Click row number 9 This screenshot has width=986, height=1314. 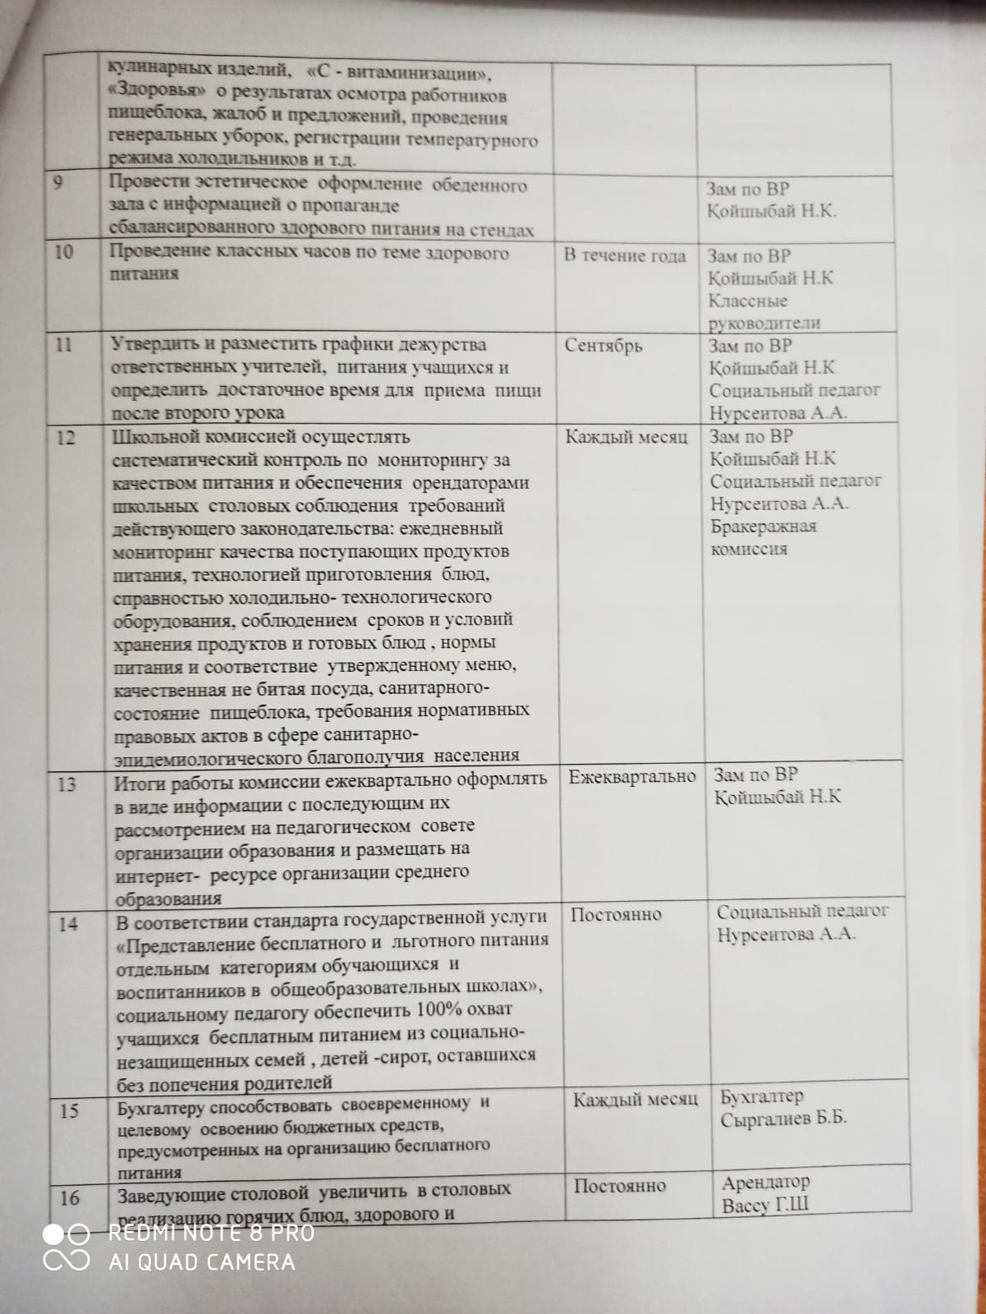pyautogui.click(x=57, y=181)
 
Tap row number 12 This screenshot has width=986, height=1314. pyautogui.click(x=65, y=438)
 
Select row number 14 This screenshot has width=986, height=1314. pyautogui.click(x=68, y=925)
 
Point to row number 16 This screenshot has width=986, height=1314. pyautogui.click(x=70, y=1198)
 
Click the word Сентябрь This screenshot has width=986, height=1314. pyautogui.click(x=603, y=345)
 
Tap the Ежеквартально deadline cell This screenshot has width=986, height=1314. pyautogui.click(x=632, y=776)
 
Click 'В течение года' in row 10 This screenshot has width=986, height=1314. pyautogui.click(x=625, y=255)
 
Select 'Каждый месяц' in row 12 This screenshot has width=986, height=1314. pyautogui.click(x=626, y=436)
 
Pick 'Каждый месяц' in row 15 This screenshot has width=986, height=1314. pyautogui.click(x=635, y=1099)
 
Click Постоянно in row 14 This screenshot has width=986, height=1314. pyautogui.click(x=616, y=914)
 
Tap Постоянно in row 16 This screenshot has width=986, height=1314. pyautogui.click(x=620, y=1185)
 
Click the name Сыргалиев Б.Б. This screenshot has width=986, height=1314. pyautogui.click(x=783, y=1119)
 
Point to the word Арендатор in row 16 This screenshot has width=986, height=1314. pyautogui.click(x=766, y=1183)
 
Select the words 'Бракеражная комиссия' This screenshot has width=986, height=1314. pyautogui.click(x=763, y=537)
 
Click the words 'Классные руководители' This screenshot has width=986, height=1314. pyautogui.click(x=764, y=312)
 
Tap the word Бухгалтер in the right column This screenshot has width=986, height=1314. pyautogui.click(x=762, y=1096)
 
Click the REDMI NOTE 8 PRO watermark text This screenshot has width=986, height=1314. pyautogui.click(x=211, y=1233)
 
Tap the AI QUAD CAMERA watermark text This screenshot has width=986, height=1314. pyautogui.click(x=201, y=1261)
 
